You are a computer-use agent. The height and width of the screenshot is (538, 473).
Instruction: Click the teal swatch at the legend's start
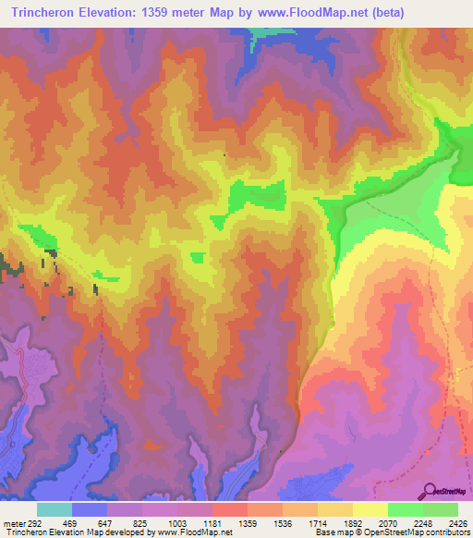pyautogui.click(x=55, y=508)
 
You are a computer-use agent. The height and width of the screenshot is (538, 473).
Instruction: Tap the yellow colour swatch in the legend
pyautogui.click(x=370, y=508)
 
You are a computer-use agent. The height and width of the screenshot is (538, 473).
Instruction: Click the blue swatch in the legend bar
pyautogui.click(x=90, y=508)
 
